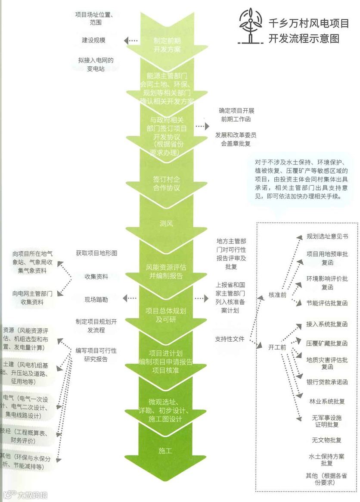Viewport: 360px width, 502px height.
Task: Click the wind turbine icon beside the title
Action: (x=250, y=26)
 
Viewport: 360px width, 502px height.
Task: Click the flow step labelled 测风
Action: (x=166, y=223)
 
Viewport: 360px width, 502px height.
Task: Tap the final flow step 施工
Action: (x=165, y=451)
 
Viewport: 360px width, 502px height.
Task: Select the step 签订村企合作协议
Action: (x=166, y=183)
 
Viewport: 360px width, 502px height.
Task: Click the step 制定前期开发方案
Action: (x=167, y=45)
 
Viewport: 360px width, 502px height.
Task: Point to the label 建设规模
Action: (x=94, y=40)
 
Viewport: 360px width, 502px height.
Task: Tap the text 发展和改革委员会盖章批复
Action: (x=236, y=139)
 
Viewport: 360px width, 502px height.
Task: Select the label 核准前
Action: (x=277, y=295)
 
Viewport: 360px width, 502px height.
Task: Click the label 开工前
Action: (x=277, y=346)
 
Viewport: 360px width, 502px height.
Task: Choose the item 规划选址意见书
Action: (x=327, y=237)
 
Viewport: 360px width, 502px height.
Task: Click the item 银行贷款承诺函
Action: (x=327, y=382)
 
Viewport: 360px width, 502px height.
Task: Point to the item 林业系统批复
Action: (x=327, y=401)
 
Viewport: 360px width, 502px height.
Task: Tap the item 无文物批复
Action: (x=327, y=440)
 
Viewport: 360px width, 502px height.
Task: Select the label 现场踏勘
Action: (x=96, y=299)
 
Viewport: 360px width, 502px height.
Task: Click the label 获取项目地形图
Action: (x=96, y=253)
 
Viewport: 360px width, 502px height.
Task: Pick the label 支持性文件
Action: (x=230, y=339)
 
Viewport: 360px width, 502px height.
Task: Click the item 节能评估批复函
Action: (x=327, y=303)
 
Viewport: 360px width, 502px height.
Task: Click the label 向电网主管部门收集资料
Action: (x=32, y=298)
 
